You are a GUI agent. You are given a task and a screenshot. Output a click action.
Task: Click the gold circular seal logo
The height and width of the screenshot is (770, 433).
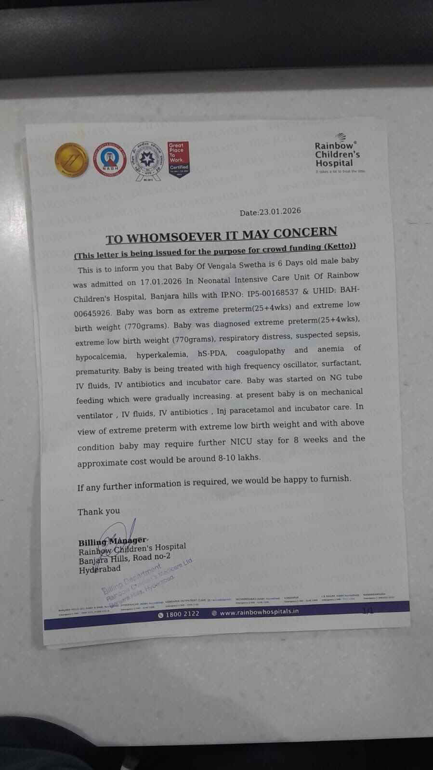[x=71, y=159]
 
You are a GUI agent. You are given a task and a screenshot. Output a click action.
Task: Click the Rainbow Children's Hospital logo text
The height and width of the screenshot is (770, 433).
[x=337, y=155]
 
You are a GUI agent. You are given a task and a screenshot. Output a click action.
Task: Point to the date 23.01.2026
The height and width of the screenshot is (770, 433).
[x=279, y=211]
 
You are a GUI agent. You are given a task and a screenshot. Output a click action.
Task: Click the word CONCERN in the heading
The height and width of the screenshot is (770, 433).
[x=305, y=233]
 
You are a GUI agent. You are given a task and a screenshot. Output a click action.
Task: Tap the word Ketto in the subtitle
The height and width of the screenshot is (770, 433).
[x=339, y=247]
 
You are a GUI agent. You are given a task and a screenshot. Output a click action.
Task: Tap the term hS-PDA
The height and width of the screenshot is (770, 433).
[x=212, y=353]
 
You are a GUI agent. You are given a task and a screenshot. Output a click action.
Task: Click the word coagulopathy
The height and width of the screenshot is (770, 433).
[x=261, y=351]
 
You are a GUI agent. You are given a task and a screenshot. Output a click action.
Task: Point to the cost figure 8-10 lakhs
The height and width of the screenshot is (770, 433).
[x=239, y=457]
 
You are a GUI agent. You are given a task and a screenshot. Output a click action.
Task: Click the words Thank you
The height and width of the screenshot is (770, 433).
[x=99, y=511]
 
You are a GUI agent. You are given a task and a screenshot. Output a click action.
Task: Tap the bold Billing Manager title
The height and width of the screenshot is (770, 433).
[x=112, y=541]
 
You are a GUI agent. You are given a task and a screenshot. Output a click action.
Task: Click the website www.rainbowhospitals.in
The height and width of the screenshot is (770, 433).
[x=259, y=612]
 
